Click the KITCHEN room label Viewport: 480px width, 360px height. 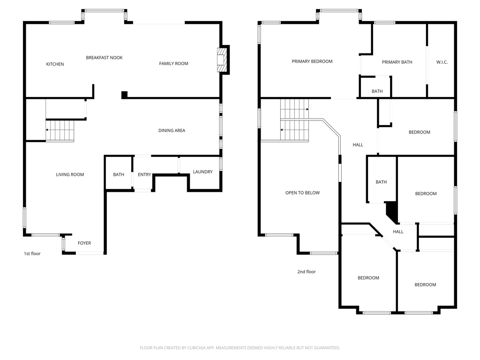(55, 64)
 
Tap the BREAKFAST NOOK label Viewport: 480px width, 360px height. (104, 58)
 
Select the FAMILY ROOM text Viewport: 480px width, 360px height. (173, 63)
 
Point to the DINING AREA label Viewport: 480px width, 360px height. (172, 130)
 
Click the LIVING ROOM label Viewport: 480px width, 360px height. (70, 174)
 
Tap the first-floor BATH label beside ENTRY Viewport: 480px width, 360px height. (119, 174)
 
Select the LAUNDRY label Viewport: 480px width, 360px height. (202, 172)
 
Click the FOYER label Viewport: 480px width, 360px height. (84, 243)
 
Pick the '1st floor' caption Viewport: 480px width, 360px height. (32, 254)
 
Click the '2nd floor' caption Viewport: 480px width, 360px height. (307, 271)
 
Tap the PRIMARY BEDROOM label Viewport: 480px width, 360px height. (312, 61)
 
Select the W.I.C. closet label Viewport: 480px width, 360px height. (442, 62)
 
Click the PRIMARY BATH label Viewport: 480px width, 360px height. (397, 62)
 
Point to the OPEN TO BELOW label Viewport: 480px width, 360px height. (302, 193)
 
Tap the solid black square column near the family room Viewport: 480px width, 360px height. (124, 95)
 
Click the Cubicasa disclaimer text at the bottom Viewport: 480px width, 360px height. (240, 348)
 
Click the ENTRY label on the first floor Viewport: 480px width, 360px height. (144, 174)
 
